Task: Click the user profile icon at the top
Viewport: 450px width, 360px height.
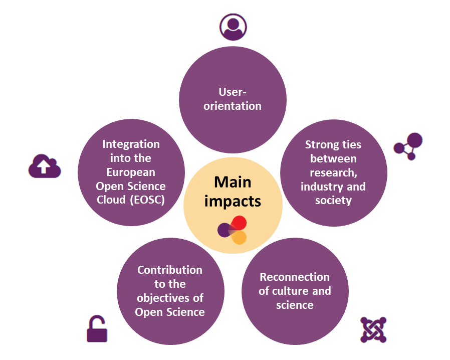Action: (233, 26)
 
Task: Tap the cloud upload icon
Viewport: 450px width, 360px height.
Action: (44, 166)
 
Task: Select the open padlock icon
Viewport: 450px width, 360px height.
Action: (97, 329)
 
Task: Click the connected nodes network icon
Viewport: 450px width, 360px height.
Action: (408, 146)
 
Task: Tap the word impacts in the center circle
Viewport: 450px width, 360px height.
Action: (233, 201)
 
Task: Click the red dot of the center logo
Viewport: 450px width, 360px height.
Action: (239, 223)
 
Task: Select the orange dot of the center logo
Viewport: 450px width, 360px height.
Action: (240, 237)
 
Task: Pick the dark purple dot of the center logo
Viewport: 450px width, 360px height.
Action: (224, 230)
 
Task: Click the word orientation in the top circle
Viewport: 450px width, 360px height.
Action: (233, 106)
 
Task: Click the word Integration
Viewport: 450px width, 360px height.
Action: (131, 144)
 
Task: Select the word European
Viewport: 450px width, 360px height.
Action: (131, 172)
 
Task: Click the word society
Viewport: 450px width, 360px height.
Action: (333, 201)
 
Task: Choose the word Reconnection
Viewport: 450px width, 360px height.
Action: (295, 277)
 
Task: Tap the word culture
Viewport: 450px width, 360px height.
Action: (294, 291)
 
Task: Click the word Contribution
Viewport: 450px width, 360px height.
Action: (170, 270)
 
